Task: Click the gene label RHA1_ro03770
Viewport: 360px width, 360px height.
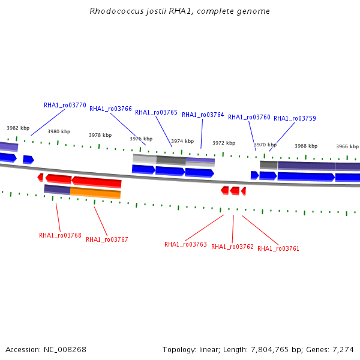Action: [65, 105]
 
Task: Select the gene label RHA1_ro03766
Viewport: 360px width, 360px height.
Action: [110, 109]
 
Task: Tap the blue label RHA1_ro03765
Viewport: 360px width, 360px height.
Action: [156, 113]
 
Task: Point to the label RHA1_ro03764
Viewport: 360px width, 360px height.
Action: [203, 115]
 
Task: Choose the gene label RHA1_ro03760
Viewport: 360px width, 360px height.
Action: [249, 118]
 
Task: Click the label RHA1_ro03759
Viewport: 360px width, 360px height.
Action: [295, 118]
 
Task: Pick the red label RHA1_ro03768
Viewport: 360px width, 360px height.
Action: [60, 236]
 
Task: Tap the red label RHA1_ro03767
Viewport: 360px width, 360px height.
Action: [107, 239]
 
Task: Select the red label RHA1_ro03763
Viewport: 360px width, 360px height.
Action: [185, 245]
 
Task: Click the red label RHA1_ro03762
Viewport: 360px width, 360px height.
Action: [232, 247]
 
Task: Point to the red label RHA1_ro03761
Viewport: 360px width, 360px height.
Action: [278, 248]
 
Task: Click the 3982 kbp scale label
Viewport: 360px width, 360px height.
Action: [18, 128]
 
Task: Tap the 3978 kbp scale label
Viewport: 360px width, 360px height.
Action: [100, 135]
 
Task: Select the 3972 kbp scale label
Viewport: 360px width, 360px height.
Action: [224, 143]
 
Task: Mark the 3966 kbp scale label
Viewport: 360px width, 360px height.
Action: [347, 146]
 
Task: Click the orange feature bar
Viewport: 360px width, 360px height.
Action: [95, 193]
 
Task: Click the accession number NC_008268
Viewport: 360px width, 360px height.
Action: [65, 350]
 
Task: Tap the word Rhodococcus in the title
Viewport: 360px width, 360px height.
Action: [116, 11]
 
